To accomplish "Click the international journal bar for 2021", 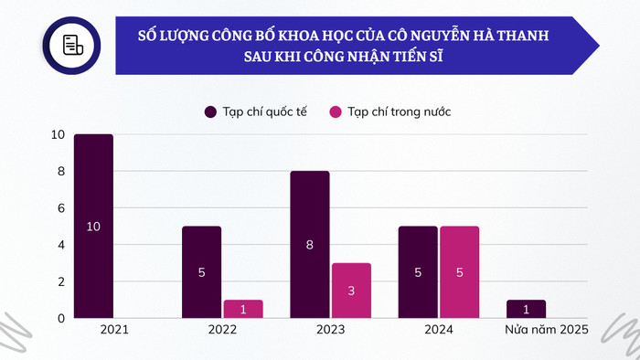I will [x=93, y=227].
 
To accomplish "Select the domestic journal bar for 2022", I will [x=243, y=309].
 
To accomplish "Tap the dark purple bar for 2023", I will [x=309, y=245].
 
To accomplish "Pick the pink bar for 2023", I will [x=351, y=291].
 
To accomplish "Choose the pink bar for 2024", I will [x=459, y=272].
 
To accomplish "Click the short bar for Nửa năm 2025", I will [x=526, y=309].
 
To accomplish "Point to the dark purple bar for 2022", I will [x=201, y=272].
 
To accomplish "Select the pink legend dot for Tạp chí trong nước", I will [x=336, y=111].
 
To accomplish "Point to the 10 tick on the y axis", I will [x=58, y=135].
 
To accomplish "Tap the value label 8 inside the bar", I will [x=309, y=245].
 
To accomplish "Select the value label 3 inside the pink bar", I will [x=351, y=291].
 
